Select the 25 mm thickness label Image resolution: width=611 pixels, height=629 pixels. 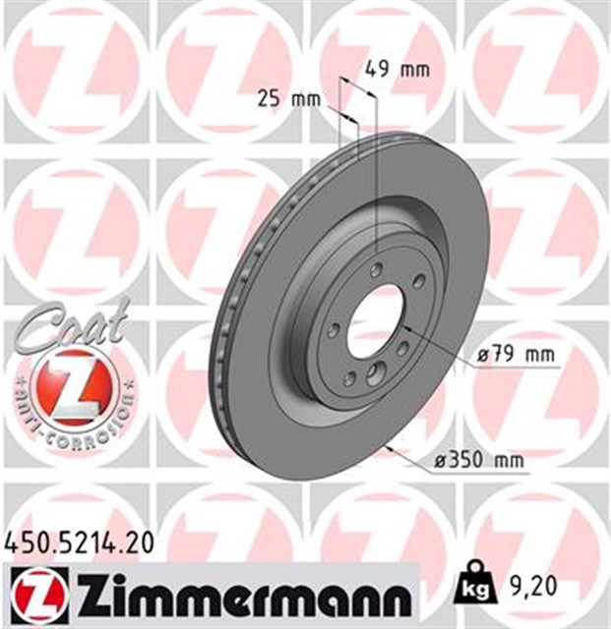tap(281, 97)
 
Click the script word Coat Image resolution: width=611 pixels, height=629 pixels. tap(71, 328)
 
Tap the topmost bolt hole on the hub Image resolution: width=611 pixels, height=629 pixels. tap(377, 270)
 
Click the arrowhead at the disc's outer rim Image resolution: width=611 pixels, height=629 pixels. tap(392, 448)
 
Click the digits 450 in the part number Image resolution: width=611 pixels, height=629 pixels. tap(28, 540)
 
